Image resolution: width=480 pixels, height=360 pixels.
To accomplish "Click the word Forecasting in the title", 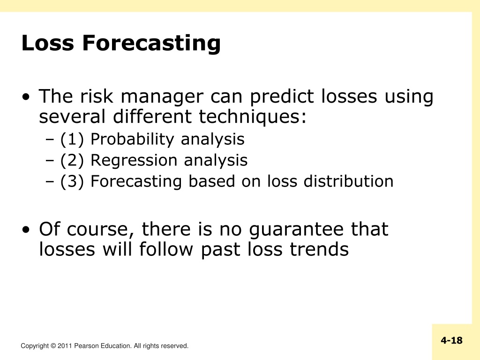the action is point(151,43).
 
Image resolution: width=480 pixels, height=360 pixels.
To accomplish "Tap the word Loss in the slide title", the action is point(48,43).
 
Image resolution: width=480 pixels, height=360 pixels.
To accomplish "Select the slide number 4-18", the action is point(451,340).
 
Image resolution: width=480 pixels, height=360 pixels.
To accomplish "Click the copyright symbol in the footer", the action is point(53,346).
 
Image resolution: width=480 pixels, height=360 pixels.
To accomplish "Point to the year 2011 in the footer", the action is point(65,346).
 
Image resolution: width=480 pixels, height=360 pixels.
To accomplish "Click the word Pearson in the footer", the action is point(87,346).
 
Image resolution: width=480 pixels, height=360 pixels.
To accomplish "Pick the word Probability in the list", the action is point(132,140).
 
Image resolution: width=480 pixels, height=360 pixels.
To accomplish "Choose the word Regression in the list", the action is point(134,161).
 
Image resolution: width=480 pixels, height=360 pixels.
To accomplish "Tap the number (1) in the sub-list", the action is point(72,140).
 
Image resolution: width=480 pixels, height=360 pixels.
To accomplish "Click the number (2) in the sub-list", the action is point(72,161).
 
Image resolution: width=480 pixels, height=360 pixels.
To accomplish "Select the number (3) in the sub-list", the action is point(72,181).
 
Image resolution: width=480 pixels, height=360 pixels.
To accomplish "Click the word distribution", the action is point(348,181).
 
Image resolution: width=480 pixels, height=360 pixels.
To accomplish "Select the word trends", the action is point(319,249).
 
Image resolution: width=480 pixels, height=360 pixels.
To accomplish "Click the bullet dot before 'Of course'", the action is point(26,230).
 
